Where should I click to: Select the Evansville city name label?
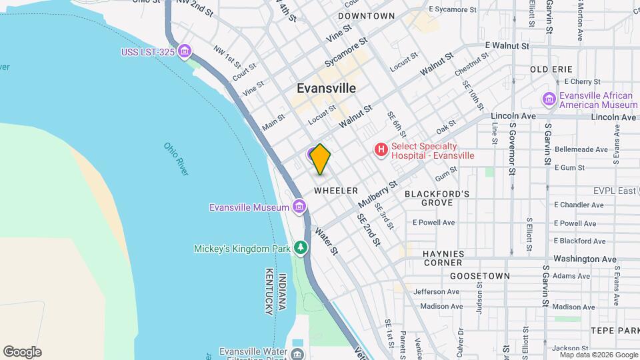click(x=326, y=88)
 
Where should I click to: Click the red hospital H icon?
click(x=381, y=150)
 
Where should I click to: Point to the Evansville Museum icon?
click(x=299, y=207)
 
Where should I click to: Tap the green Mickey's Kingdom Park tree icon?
click(x=301, y=249)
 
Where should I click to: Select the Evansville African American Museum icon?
click(x=549, y=99)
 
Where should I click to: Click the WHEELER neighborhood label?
click(x=336, y=191)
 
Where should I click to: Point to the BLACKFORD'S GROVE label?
click(x=437, y=198)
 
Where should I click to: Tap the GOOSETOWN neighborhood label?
click(x=480, y=275)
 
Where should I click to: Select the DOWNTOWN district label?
click(x=366, y=15)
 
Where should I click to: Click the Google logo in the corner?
click(x=22, y=352)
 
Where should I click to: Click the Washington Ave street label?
click(x=585, y=259)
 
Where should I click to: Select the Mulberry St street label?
click(x=377, y=193)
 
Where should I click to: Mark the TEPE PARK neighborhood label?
click(x=614, y=331)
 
